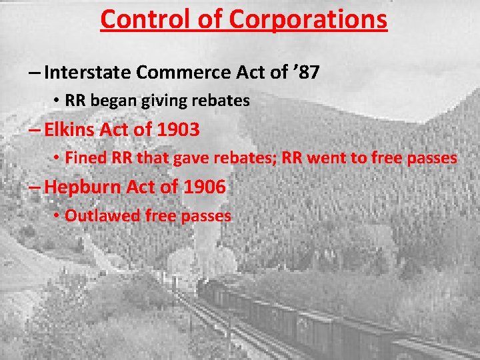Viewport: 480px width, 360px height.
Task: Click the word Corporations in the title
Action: [x=307, y=19]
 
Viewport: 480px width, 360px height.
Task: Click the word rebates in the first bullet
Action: [x=222, y=101]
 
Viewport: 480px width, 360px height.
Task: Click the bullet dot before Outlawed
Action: [x=58, y=216]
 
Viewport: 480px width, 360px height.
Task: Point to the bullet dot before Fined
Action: [x=58, y=159]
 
